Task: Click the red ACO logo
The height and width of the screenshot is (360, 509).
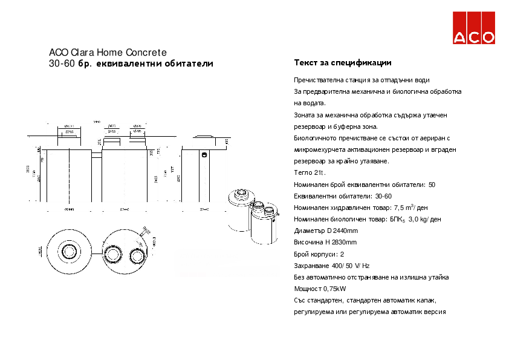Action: point(474,28)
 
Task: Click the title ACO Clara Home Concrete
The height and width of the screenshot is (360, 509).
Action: point(107,53)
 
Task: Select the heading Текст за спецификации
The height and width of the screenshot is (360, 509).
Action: point(342,63)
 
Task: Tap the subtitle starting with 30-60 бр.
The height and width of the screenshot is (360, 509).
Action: point(131,64)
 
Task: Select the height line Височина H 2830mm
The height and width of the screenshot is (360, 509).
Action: point(325,242)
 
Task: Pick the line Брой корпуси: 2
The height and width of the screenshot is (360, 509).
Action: point(319,254)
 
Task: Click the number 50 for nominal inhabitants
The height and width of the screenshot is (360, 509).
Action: point(432,185)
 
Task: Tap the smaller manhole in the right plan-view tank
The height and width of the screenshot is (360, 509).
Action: point(135,253)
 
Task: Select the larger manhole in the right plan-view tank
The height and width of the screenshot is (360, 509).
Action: point(112,253)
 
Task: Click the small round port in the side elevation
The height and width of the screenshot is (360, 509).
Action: point(205,155)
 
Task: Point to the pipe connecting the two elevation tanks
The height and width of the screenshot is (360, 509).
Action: point(96,155)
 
